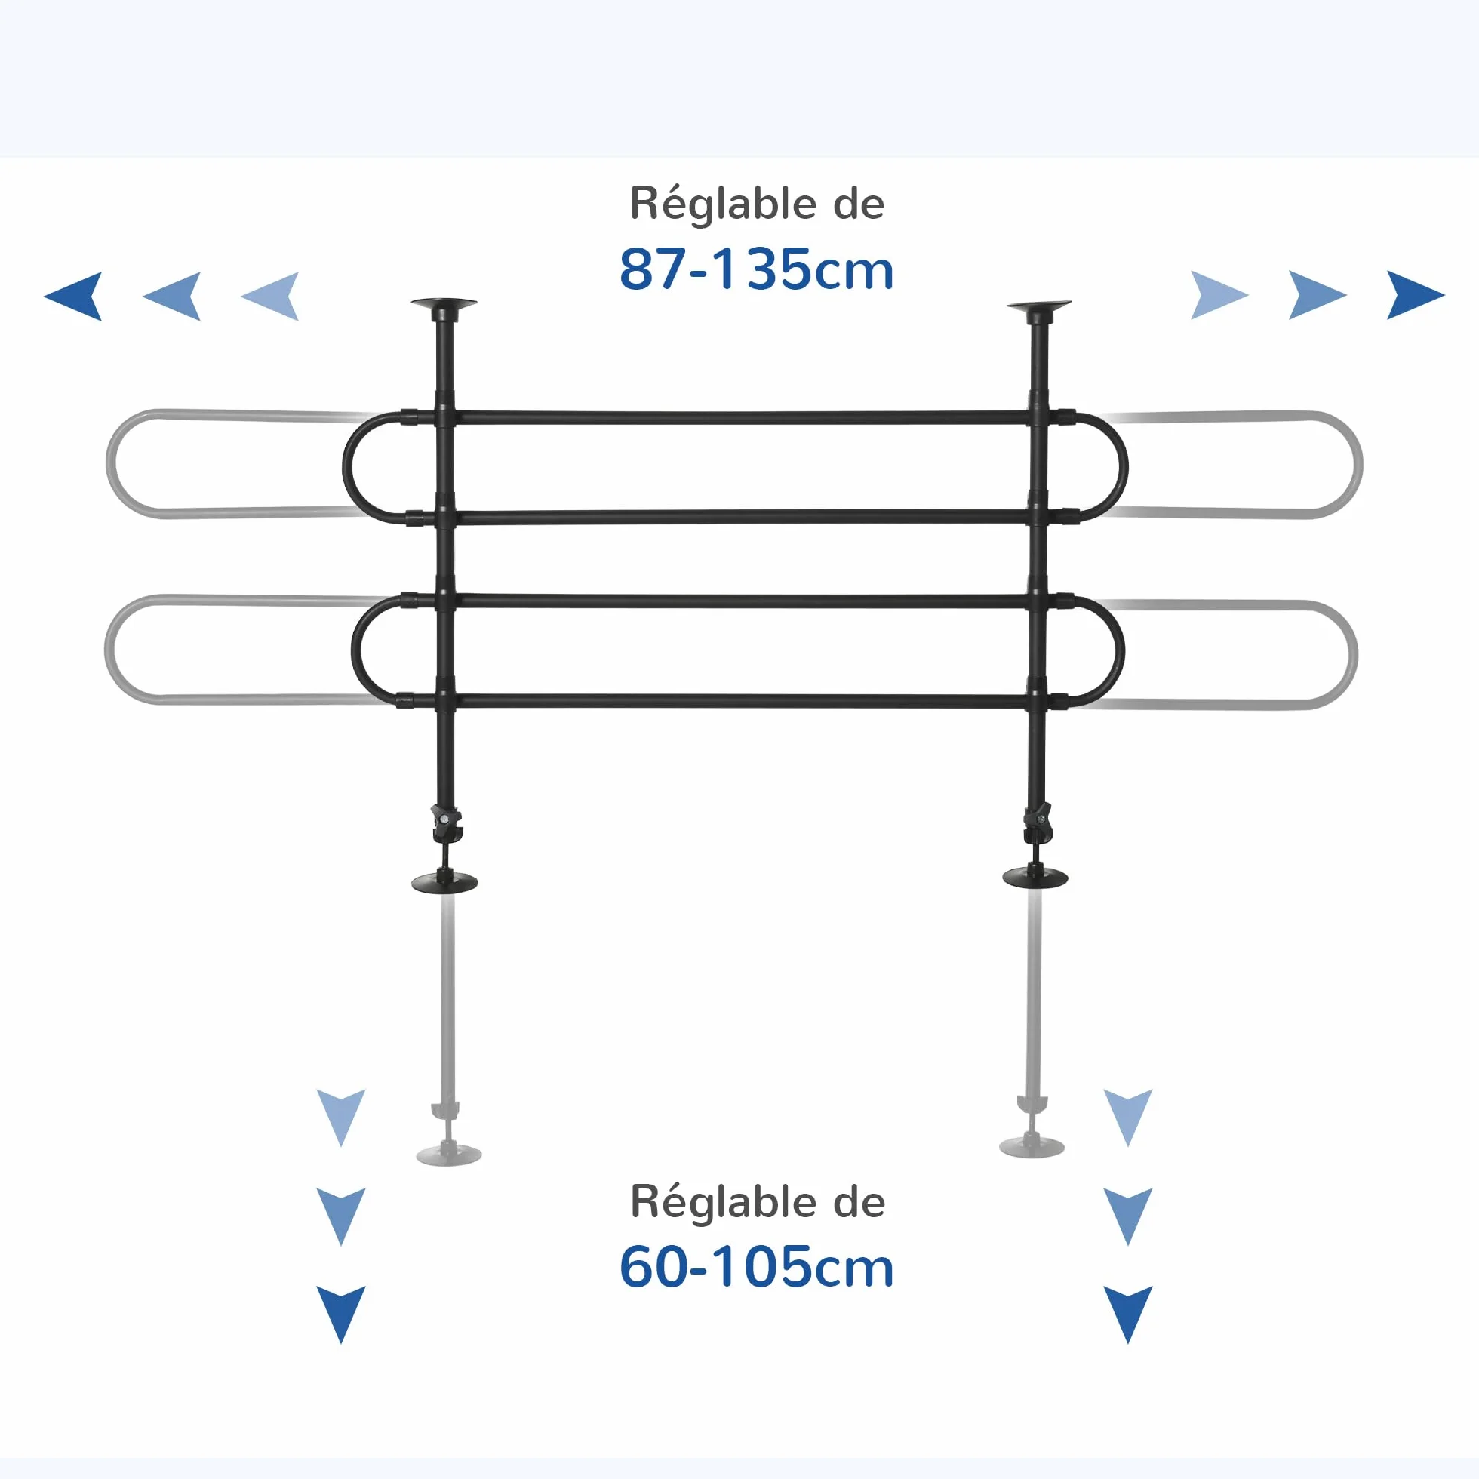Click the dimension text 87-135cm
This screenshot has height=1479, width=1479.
point(756,269)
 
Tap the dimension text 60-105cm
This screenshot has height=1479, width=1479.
point(756,1267)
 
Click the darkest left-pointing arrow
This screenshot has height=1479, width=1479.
point(74,296)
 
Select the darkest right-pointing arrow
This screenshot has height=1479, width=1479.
point(1416,295)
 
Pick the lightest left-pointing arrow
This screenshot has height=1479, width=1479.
point(271,296)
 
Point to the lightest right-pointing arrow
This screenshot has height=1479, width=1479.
point(1219,295)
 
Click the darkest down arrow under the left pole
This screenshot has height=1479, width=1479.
point(341,1314)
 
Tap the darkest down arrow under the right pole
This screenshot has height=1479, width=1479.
point(1127,1314)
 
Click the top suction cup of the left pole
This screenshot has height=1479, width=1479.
point(444,306)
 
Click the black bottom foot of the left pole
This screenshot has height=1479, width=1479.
point(444,882)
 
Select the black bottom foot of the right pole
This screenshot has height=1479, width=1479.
point(1036,878)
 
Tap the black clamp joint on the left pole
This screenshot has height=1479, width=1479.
point(446,823)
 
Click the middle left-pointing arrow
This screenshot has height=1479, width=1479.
point(172,296)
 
